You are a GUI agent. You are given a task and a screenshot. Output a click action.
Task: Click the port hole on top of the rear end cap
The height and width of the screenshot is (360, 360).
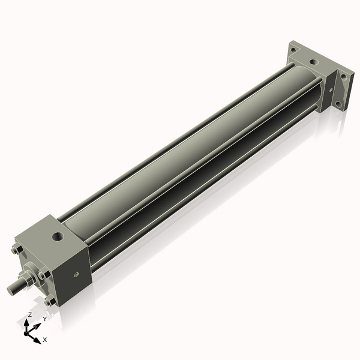coord(313,61)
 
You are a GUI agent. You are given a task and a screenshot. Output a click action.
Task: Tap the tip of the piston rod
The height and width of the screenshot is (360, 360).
coord(11,290)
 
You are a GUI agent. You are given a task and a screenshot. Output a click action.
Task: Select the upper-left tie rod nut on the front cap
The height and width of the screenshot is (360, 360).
coord(16,251)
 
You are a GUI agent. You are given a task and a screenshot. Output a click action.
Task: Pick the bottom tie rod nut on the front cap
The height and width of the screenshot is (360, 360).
coord(50,301)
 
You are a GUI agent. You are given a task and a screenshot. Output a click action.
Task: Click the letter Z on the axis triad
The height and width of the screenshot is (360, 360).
coord(29,314)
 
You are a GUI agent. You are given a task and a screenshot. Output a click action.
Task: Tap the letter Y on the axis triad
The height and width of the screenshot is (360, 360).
coord(44,319)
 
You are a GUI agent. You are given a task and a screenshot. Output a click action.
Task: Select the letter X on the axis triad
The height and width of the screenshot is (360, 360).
coord(44,340)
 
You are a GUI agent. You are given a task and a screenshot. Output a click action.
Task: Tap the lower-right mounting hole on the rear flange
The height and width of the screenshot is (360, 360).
coord(339,103)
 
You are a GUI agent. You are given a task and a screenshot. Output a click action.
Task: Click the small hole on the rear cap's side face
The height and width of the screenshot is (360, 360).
coord(330,88)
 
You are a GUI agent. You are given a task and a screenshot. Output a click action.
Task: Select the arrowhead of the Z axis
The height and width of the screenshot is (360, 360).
coord(28,322)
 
